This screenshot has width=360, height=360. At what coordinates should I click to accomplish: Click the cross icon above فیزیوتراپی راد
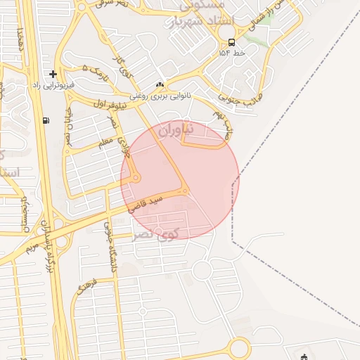click(x=53, y=74)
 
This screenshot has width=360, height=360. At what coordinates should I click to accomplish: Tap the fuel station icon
click(x=46, y=120)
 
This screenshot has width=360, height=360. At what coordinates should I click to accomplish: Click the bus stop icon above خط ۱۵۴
click(x=232, y=41)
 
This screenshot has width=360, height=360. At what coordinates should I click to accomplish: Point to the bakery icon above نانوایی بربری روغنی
click(x=160, y=85)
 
